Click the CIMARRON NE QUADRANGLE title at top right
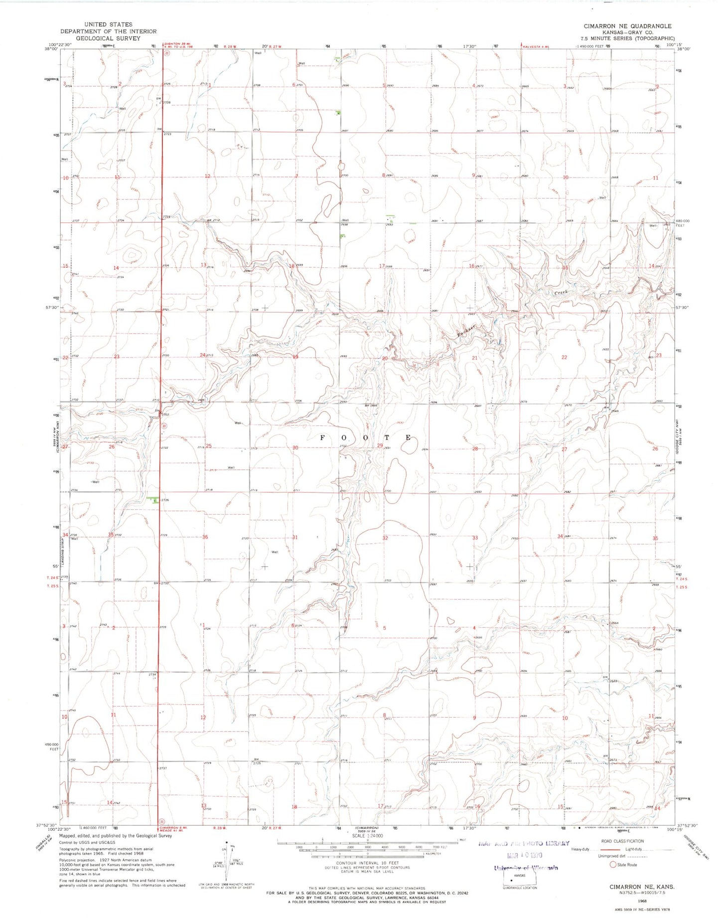627,26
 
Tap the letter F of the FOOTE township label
322,437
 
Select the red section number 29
380,445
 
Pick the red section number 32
385,538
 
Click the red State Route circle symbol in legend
613,865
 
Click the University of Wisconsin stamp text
525,868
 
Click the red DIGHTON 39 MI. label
178,44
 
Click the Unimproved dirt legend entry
586,857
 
